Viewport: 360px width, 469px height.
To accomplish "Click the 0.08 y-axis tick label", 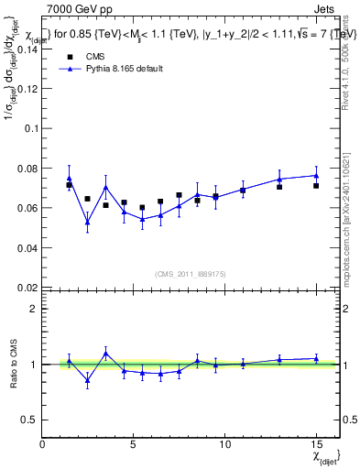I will pos(27,169).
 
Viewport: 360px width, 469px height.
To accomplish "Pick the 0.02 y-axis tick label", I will pos(27,287).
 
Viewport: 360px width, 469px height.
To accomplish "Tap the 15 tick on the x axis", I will pos(316,443).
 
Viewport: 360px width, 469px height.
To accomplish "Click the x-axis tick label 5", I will pos(134,443).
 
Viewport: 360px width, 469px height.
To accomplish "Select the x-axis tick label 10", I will pos(224,443).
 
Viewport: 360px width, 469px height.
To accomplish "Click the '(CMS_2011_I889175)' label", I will pos(190,275).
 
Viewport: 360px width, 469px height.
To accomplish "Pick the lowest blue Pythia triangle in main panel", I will pos(87,222).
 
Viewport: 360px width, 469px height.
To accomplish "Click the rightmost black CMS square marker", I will pos(316,186).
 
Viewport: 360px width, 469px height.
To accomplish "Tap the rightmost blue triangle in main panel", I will pos(316,175).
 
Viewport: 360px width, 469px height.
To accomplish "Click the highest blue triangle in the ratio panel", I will pos(105,353).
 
